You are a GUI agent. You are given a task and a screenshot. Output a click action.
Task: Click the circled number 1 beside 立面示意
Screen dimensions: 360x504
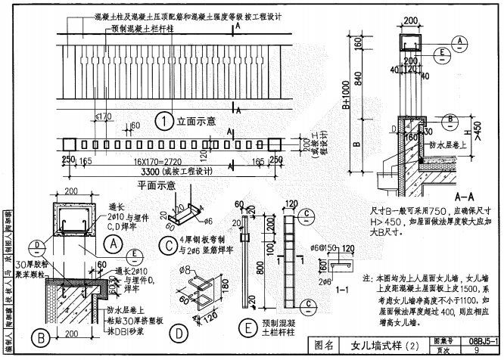pyautogui.click(x=161, y=119)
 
